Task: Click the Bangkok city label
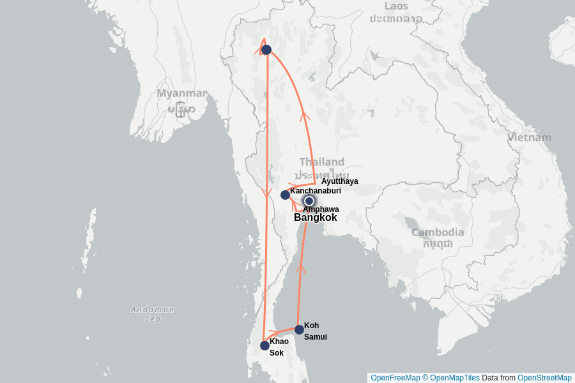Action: (315, 218)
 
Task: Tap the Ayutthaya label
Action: (339, 181)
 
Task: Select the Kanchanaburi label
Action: (315, 191)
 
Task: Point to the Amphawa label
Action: (321, 209)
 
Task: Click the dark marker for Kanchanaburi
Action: (285, 195)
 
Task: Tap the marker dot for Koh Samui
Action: (299, 329)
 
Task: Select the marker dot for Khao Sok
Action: (264, 345)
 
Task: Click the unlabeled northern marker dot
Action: (266, 49)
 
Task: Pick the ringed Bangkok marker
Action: (309, 201)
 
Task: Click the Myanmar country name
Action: (182, 94)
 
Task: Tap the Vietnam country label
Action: (529, 137)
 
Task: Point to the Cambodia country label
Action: (438, 232)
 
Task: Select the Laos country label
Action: (395, 6)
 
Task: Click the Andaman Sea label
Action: (152, 313)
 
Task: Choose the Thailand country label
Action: (322, 162)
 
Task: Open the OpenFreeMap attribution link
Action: (394, 378)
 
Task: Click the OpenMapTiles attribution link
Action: (454, 378)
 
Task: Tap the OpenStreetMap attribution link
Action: (544, 378)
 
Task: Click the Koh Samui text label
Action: (315, 331)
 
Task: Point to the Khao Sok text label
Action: (279, 347)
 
